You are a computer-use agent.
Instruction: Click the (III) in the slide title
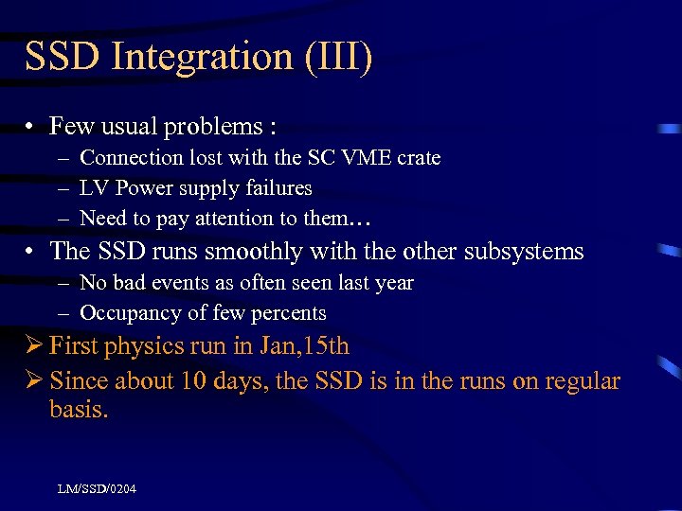pos(339,57)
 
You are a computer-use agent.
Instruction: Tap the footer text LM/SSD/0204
pos(96,488)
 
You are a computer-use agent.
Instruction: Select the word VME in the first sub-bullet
pos(378,158)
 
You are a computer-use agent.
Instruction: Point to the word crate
pos(422,158)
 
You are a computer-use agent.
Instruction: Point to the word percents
pos(291,313)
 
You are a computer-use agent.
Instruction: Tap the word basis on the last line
pos(78,412)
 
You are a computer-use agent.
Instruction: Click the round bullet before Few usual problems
pos(32,126)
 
